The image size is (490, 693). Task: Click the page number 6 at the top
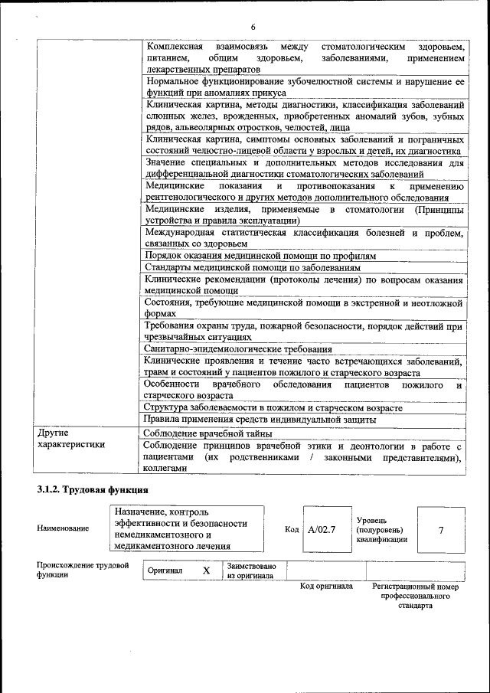[x=252, y=28]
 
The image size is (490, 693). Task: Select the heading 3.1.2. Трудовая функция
[x=92, y=489]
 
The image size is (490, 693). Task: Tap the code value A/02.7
[x=322, y=528]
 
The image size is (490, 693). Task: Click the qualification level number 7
[x=440, y=529]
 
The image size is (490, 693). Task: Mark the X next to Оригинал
[x=206, y=571]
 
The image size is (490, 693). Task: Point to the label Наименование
[x=60, y=528]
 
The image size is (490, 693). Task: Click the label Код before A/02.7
[x=291, y=529]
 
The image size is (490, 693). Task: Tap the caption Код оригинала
[x=326, y=587]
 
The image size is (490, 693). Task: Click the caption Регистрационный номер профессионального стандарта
[x=415, y=595]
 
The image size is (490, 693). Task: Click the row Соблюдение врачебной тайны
[x=206, y=433]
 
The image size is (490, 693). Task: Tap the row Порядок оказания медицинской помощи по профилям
[x=260, y=256]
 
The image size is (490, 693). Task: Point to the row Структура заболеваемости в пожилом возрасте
[x=273, y=407]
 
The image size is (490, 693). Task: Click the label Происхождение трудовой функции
[x=82, y=571]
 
